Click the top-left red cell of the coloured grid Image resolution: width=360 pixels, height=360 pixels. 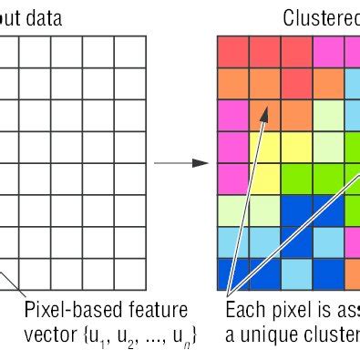[232, 52]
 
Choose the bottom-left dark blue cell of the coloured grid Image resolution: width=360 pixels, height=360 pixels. [232, 273]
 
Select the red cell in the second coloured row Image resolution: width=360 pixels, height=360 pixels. [296, 83]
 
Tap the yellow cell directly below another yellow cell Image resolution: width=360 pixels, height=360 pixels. [264, 179]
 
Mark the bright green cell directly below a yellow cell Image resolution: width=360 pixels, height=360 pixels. [296, 179]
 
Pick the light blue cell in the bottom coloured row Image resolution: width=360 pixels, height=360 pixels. [296, 273]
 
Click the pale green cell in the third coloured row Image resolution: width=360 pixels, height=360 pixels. [328, 115]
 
